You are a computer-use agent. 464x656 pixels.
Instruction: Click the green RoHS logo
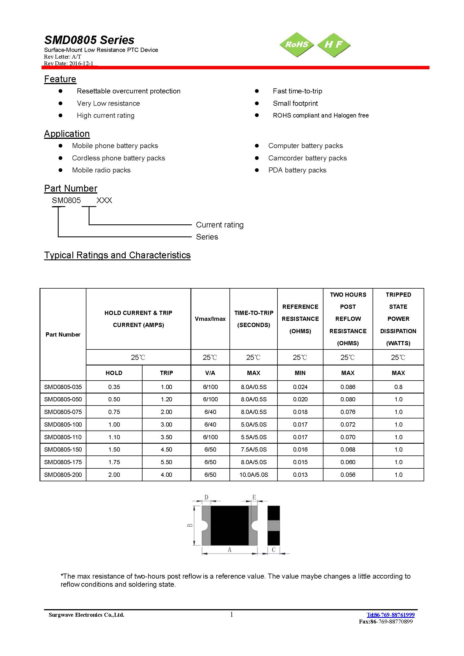pos(297,45)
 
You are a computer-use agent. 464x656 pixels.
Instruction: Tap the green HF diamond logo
pos(334,45)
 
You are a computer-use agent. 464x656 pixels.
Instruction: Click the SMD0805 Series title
pos(89,40)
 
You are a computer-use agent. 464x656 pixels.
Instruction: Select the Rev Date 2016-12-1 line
pos(68,63)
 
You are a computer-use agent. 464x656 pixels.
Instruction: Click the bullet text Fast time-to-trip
pos(297,91)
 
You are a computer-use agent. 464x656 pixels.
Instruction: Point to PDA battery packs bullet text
pos(297,170)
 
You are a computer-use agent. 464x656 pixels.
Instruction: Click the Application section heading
pos(67,134)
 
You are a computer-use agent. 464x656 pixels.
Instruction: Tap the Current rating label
pos(219,225)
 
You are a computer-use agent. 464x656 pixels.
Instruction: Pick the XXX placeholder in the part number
pos(104,201)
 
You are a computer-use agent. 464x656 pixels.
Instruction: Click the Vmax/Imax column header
pos(210,319)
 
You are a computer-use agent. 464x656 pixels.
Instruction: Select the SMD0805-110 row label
pos(63,437)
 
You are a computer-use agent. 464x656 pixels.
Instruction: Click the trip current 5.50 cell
pos(166,462)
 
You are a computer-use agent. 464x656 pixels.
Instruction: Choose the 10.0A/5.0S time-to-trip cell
pos(254,475)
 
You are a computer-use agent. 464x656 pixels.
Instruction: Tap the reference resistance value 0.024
pos(300,387)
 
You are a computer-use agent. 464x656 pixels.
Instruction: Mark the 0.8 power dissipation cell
pos(398,387)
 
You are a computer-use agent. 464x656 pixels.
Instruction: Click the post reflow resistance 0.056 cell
pos(348,475)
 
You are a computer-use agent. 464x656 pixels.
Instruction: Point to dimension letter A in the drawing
pos(229,550)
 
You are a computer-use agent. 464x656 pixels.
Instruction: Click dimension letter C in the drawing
pos(274,550)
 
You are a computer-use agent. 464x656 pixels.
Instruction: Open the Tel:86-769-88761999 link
pos(390,614)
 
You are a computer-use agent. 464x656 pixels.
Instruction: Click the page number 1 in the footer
pos(232,614)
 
